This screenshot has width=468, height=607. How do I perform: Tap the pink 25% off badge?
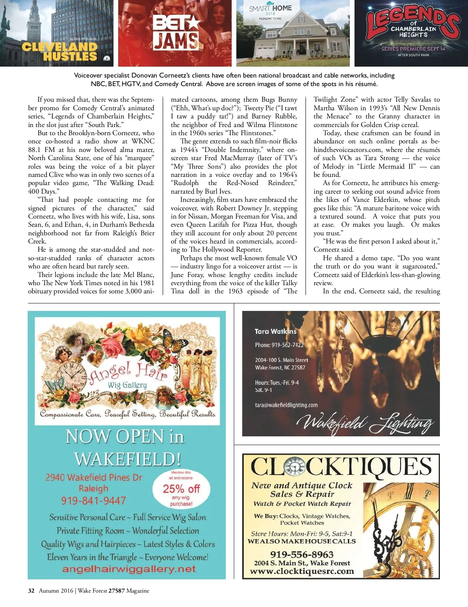click(x=181, y=489)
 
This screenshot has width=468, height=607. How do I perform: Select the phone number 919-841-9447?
click(x=94, y=501)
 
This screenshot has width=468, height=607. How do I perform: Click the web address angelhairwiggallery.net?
click(x=129, y=569)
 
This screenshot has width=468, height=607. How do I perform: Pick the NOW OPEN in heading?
click(x=125, y=436)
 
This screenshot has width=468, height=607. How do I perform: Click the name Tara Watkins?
click(x=275, y=332)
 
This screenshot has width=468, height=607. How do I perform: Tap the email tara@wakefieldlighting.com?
click(x=286, y=405)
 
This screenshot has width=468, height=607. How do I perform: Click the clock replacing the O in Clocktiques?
click(x=295, y=467)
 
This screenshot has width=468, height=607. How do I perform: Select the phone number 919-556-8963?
click(x=302, y=554)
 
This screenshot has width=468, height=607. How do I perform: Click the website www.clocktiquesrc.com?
click(x=302, y=572)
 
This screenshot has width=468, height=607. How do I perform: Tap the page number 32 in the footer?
click(x=31, y=591)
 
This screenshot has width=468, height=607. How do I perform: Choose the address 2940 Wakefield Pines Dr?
click(x=94, y=477)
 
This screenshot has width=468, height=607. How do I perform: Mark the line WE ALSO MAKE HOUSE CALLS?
click(x=301, y=541)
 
